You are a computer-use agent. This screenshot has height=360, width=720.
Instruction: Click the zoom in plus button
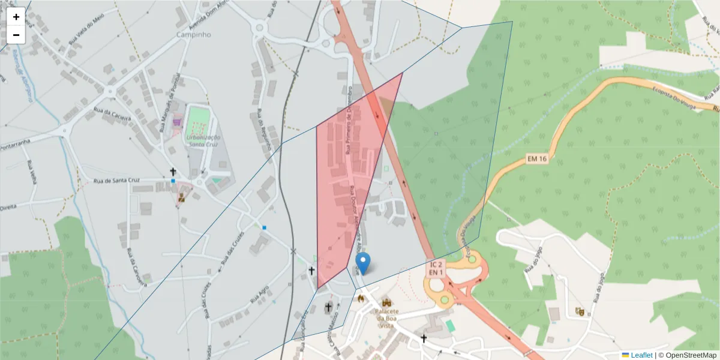click(x=16, y=17)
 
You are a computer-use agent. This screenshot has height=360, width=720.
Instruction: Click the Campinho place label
click(x=194, y=35)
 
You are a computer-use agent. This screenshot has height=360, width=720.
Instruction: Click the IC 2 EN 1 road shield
click(x=436, y=268)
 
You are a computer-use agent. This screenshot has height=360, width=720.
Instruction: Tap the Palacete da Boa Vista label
click(x=386, y=318)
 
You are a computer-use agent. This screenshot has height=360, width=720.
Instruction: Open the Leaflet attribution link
click(x=641, y=355)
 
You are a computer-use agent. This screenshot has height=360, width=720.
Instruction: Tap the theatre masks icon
click(x=579, y=311)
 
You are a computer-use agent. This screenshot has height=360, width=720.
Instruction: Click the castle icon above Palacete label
click(x=386, y=302)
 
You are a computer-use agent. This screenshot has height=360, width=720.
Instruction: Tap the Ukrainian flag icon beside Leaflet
click(x=625, y=355)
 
